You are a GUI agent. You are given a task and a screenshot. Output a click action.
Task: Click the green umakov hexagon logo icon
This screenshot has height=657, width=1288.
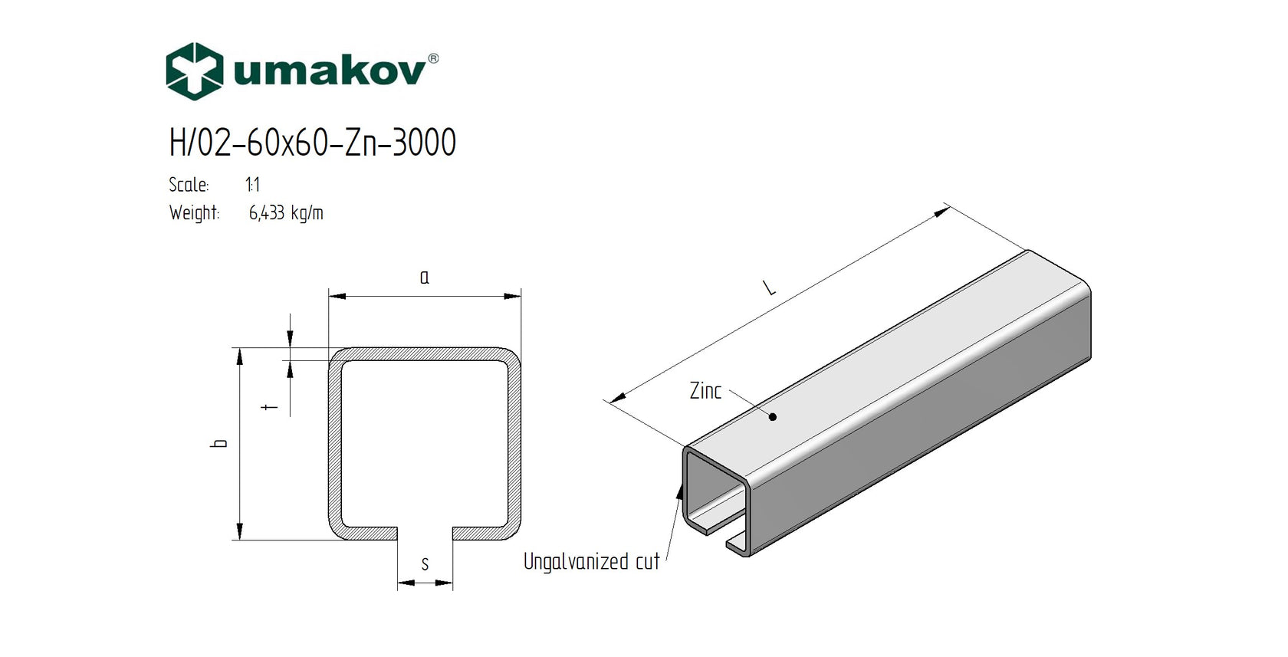(x=194, y=71)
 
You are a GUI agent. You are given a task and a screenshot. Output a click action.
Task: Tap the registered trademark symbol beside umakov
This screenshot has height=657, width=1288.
(x=433, y=58)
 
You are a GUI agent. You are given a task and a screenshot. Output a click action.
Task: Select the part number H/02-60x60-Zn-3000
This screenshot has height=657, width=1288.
(x=312, y=143)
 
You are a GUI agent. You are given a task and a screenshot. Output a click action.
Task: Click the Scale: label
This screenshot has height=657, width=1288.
(x=189, y=185)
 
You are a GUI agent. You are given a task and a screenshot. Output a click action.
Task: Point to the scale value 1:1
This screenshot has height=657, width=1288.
(x=252, y=185)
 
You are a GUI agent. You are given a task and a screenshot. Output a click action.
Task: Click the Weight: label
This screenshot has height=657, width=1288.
(x=194, y=212)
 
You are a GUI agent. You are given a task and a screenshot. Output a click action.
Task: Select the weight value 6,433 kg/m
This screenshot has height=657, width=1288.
(x=286, y=212)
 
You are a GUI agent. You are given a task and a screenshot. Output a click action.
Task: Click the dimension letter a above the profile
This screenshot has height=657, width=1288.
(x=425, y=278)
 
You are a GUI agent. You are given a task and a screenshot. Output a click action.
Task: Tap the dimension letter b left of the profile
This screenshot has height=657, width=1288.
(x=221, y=443)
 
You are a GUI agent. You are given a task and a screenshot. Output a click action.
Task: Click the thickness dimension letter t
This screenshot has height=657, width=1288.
(x=270, y=406)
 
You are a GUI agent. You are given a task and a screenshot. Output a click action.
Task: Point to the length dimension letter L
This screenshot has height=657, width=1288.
(x=770, y=287)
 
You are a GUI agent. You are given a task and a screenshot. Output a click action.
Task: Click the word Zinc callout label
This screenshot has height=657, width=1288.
(x=705, y=391)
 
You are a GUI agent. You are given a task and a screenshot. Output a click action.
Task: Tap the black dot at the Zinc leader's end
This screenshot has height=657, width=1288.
(x=773, y=417)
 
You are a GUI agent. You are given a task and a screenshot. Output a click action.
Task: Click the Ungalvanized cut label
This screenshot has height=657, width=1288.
(x=591, y=562)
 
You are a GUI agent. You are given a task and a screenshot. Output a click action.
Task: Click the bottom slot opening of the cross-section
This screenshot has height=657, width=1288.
(x=425, y=534)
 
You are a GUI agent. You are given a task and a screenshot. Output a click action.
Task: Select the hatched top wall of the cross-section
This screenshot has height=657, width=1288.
(x=425, y=354)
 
